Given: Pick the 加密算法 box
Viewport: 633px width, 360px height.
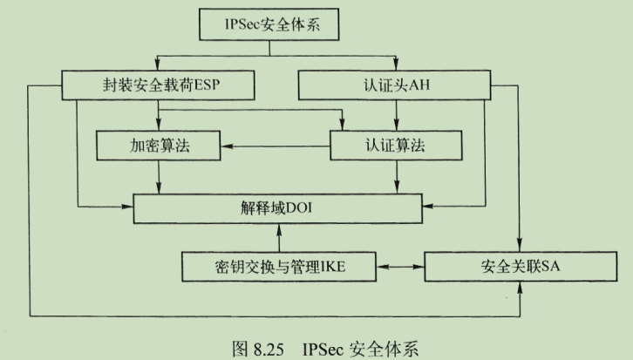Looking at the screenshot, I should point(157,146).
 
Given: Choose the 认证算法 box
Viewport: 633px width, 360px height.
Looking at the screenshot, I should point(398,146).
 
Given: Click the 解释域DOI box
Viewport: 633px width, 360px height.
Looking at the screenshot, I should point(277,208).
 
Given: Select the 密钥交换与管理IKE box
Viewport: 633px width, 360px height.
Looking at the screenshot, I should point(277,265).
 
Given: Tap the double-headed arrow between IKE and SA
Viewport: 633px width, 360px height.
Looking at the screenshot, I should point(398,265).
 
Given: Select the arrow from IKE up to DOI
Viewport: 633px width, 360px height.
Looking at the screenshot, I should point(277,236).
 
